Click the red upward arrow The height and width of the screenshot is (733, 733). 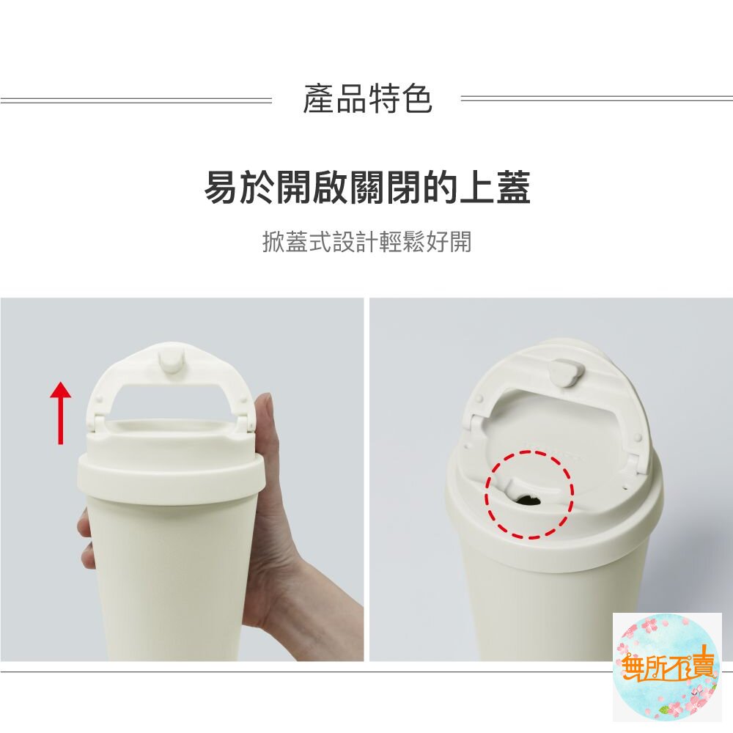(60, 412)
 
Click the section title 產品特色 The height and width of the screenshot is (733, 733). (367, 99)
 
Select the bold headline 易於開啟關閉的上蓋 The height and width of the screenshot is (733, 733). (367, 187)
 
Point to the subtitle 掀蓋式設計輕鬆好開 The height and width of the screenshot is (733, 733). (367, 242)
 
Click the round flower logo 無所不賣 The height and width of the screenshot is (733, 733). (667, 667)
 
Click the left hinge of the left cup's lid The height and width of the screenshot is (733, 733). (97, 423)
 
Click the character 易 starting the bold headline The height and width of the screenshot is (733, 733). (221, 187)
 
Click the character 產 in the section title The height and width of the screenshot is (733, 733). (319, 99)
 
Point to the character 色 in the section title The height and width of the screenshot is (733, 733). (416, 99)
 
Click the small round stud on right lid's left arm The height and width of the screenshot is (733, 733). (479, 399)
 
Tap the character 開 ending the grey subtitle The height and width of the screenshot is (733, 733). (460, 242)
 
